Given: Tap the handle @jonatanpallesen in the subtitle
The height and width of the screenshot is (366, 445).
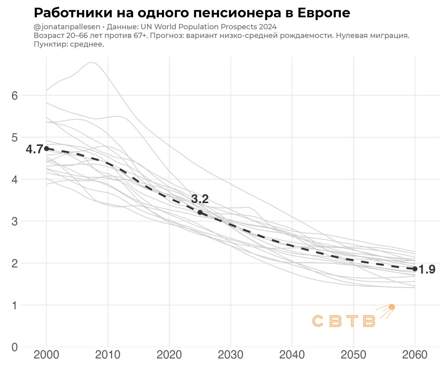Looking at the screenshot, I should (x=67, y=27).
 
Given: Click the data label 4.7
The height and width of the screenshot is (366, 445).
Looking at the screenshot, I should (x=34, y=149).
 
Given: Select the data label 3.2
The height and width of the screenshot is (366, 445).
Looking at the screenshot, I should (x=200, y=199).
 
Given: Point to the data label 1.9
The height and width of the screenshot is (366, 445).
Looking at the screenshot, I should (x=427, y=269).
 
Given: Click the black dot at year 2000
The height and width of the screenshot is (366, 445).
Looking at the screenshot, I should (x=47, y=149).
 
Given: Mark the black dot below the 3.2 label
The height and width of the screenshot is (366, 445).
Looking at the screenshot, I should (x=200, y=212).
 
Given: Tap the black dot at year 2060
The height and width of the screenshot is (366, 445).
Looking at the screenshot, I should (x=415, y=269).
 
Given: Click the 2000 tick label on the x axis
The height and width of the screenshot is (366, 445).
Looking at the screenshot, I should (x=47, y=355).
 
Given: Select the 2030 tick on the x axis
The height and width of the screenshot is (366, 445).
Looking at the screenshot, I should (x=230, y=355).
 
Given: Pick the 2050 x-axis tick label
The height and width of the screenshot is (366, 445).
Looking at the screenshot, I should (x=353, y=355).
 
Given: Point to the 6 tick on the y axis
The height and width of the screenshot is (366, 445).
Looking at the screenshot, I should (x=15, y=96).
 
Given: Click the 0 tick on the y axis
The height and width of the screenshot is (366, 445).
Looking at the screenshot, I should (x=15, y=347).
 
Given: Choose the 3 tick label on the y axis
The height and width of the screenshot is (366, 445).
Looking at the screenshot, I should (x=15, y=222).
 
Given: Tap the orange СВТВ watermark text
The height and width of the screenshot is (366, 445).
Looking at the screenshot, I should (x=344, y=321).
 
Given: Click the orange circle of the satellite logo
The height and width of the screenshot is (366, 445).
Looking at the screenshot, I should (x=392, y=307).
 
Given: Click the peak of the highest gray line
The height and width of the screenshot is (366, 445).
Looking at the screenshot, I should (x=90, y=63).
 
